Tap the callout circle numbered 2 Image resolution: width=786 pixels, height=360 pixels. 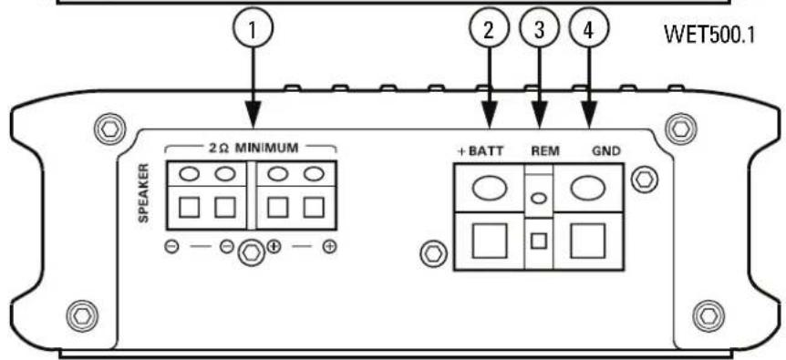(x=490, y=28)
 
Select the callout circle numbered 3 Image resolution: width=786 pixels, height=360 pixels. (x=538, y=28)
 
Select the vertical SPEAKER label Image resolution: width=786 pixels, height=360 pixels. (x=143, y=194)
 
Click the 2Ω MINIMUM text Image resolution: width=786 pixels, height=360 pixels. (x=252, y=146)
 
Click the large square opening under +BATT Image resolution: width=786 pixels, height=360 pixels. (x=488, y=242)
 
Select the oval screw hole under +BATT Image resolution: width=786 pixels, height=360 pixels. (x=488, y=188)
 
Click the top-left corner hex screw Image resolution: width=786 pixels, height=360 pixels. (x=109, y=127)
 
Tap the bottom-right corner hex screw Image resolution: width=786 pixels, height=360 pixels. (x=707, y=316)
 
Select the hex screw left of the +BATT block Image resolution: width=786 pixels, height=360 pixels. (x=434, y=251)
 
